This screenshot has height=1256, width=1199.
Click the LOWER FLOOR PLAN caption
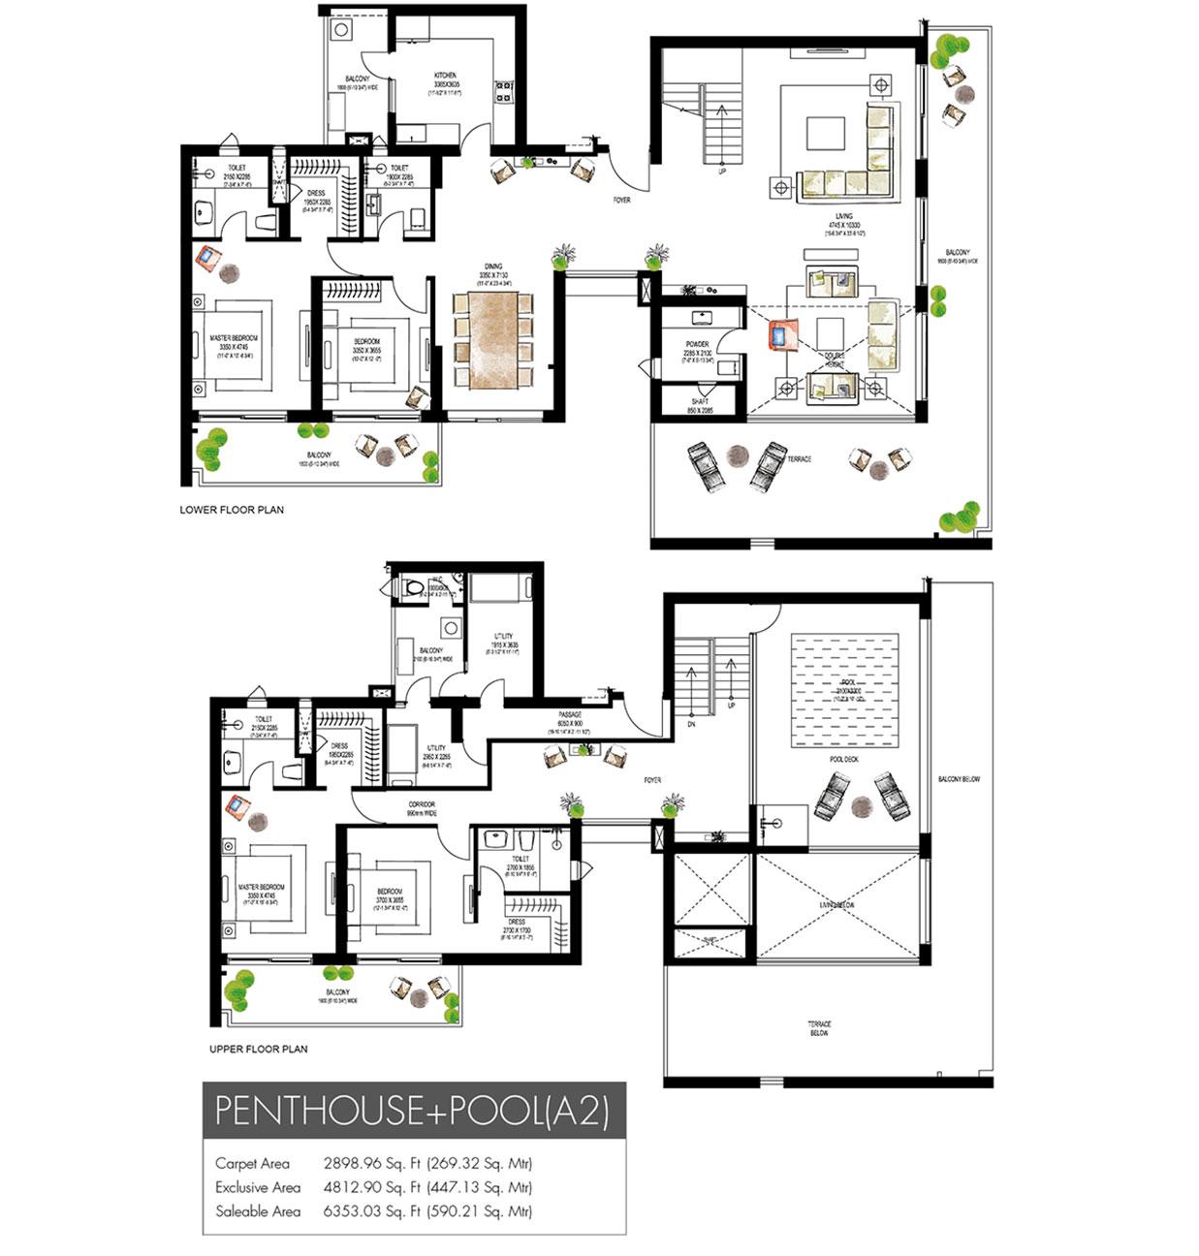coord(232,509)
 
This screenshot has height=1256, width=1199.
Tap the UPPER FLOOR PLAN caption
coord(259,1049)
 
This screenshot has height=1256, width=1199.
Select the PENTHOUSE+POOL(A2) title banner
coord(413,1111)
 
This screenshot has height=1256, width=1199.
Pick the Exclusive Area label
coord(258,1187)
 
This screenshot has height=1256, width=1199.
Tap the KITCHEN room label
coord(445,76)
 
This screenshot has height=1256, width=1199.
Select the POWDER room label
coord(697,344)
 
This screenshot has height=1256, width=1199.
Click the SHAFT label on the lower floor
coord(700,401)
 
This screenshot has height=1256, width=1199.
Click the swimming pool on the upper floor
coord(844,690)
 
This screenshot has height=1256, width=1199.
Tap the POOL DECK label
coord(844,760)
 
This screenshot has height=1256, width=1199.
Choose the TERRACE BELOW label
coord(820,1027)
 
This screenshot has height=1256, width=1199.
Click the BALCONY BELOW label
coord(959,779)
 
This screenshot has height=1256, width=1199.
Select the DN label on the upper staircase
coord(690,724)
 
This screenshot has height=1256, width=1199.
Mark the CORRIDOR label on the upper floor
coord(422,804)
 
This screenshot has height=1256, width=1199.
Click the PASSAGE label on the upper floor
coord(569,715)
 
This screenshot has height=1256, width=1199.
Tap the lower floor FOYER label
coord(621,201)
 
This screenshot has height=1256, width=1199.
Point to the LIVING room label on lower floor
coord(844,217)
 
